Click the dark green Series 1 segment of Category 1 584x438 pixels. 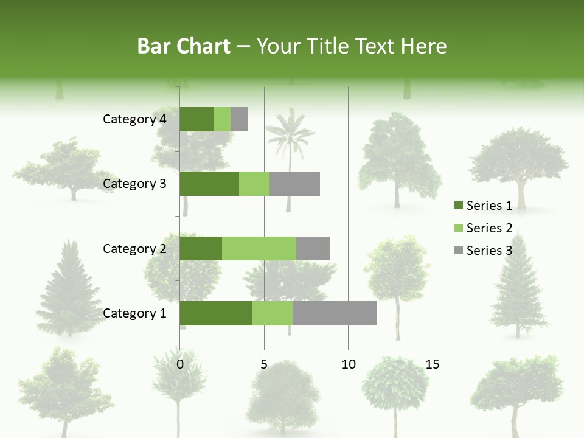[x=216, y=313]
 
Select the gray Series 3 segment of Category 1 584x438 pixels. [x=335, y=313]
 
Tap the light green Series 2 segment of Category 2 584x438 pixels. [x=259, y=248]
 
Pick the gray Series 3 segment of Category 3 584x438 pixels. [x=294, y=184]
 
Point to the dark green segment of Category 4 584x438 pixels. [x=196, y=119]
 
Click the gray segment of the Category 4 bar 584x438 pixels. [x=239, y=119]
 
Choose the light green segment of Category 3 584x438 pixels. [x=254, y=184]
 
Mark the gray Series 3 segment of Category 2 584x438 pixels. [x=313, y=248]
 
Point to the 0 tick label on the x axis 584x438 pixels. [x=180, y=364]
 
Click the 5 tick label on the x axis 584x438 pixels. [x=264, y=364]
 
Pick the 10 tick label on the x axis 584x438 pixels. [x=348, y=364]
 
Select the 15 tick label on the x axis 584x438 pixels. [x=432, y=364]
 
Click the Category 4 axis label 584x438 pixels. [x=134, y=119]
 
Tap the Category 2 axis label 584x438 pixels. [x=134, y=248]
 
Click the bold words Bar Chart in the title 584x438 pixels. [x=184, y=46]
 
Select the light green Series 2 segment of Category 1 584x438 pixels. [x=273, y=313]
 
